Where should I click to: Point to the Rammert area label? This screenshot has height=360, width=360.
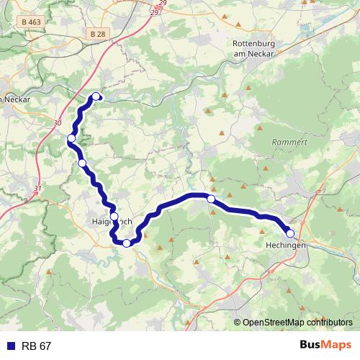coord(289,143)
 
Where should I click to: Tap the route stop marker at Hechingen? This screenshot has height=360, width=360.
coord(290,233)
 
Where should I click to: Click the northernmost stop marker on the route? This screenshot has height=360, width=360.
coord(96,97)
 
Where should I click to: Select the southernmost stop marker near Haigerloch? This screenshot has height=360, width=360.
coord(127,243)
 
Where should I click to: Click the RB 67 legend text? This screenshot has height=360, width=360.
coord(36,346)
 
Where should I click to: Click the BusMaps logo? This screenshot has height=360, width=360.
coord(325,346)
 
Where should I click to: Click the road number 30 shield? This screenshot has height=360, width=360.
coord(57,123)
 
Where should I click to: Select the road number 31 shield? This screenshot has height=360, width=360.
coord(37,189)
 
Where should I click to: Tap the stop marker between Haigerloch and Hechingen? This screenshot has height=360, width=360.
coord(211,199)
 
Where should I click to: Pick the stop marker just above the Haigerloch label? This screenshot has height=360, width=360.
coord(114,216)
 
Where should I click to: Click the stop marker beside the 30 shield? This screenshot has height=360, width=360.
coord(71,138)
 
